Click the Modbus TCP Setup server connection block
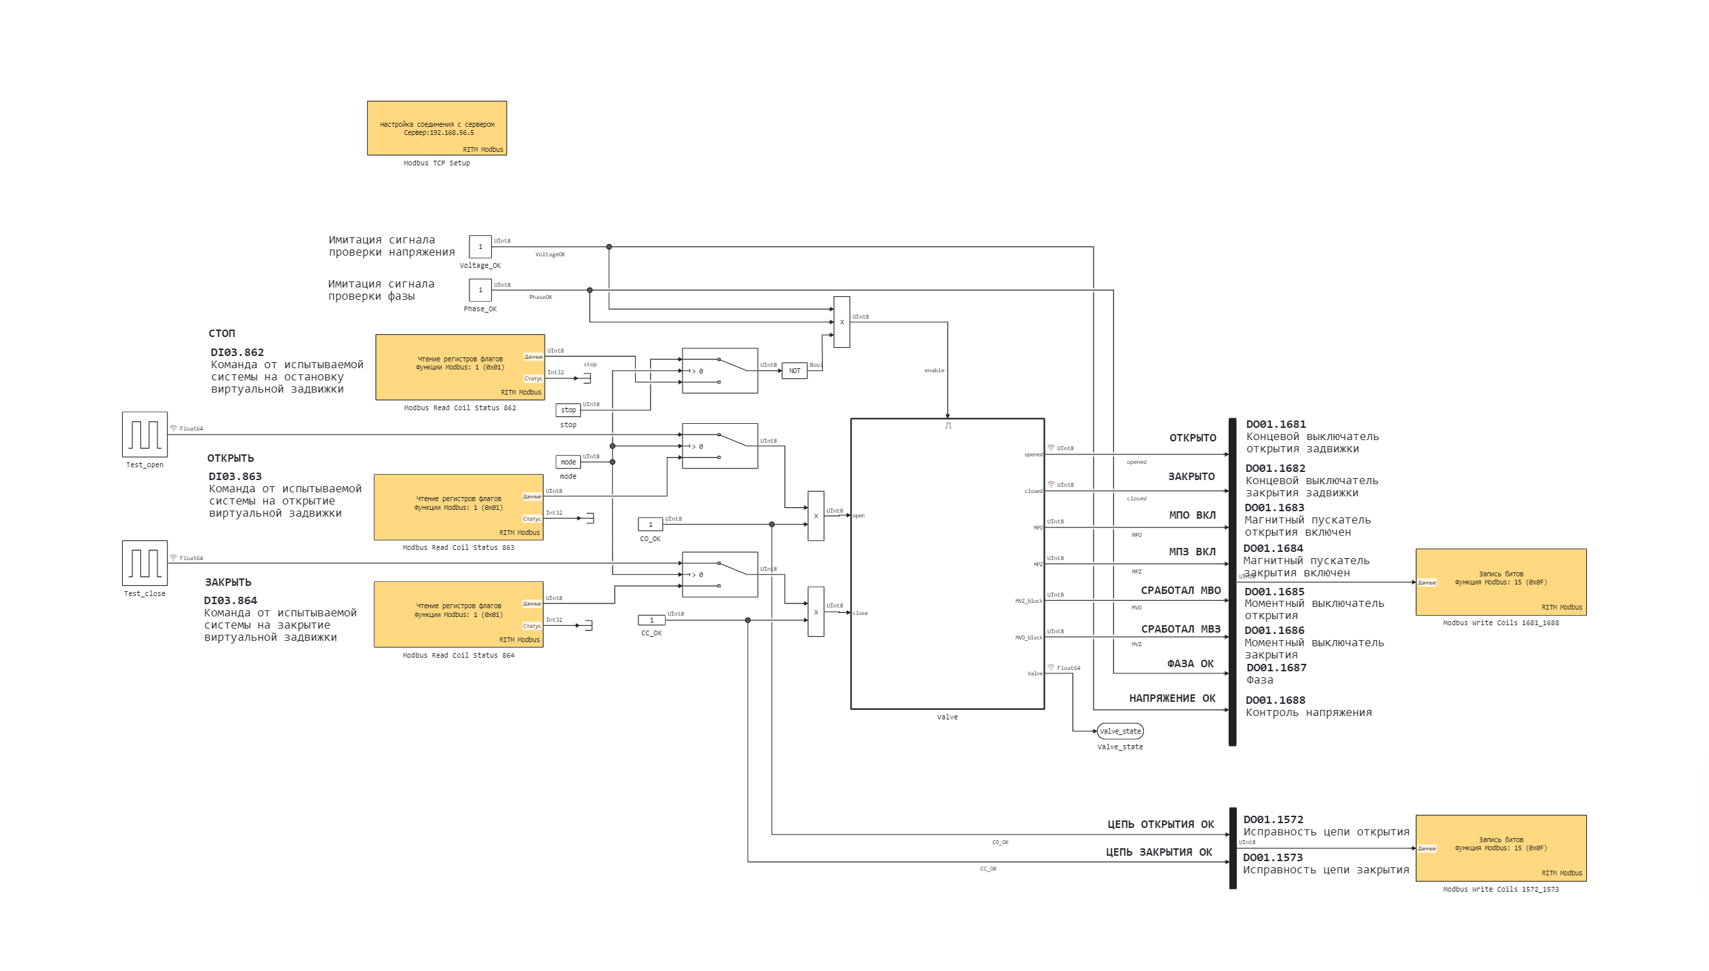[x=436, y=128]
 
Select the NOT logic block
[x=794, y=371]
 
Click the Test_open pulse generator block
[x=145, y=435]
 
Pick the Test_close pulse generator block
[x=145, y=563]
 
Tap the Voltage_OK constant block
[x=480, y=247]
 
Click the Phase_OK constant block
[x=480, y=290]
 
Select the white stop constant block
[x=568, y=410]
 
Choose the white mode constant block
[x=568, y=462]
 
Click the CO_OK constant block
[x=650, y=524]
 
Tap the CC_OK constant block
[x=651, y=620]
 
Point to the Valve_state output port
[x=1120, y=731]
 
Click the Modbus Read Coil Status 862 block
[x=460, y=367]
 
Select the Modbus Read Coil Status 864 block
[x=459, y=614]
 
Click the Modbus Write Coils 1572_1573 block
[x=1501, y=848]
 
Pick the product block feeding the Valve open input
[x=815, y=516]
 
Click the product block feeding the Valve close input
[x=815, y=612]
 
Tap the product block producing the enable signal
[x=841, y=322]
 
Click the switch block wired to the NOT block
[x=719, y=371]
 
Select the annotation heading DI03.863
[x=235, y=477]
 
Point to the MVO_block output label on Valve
[x=1029, y=637]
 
